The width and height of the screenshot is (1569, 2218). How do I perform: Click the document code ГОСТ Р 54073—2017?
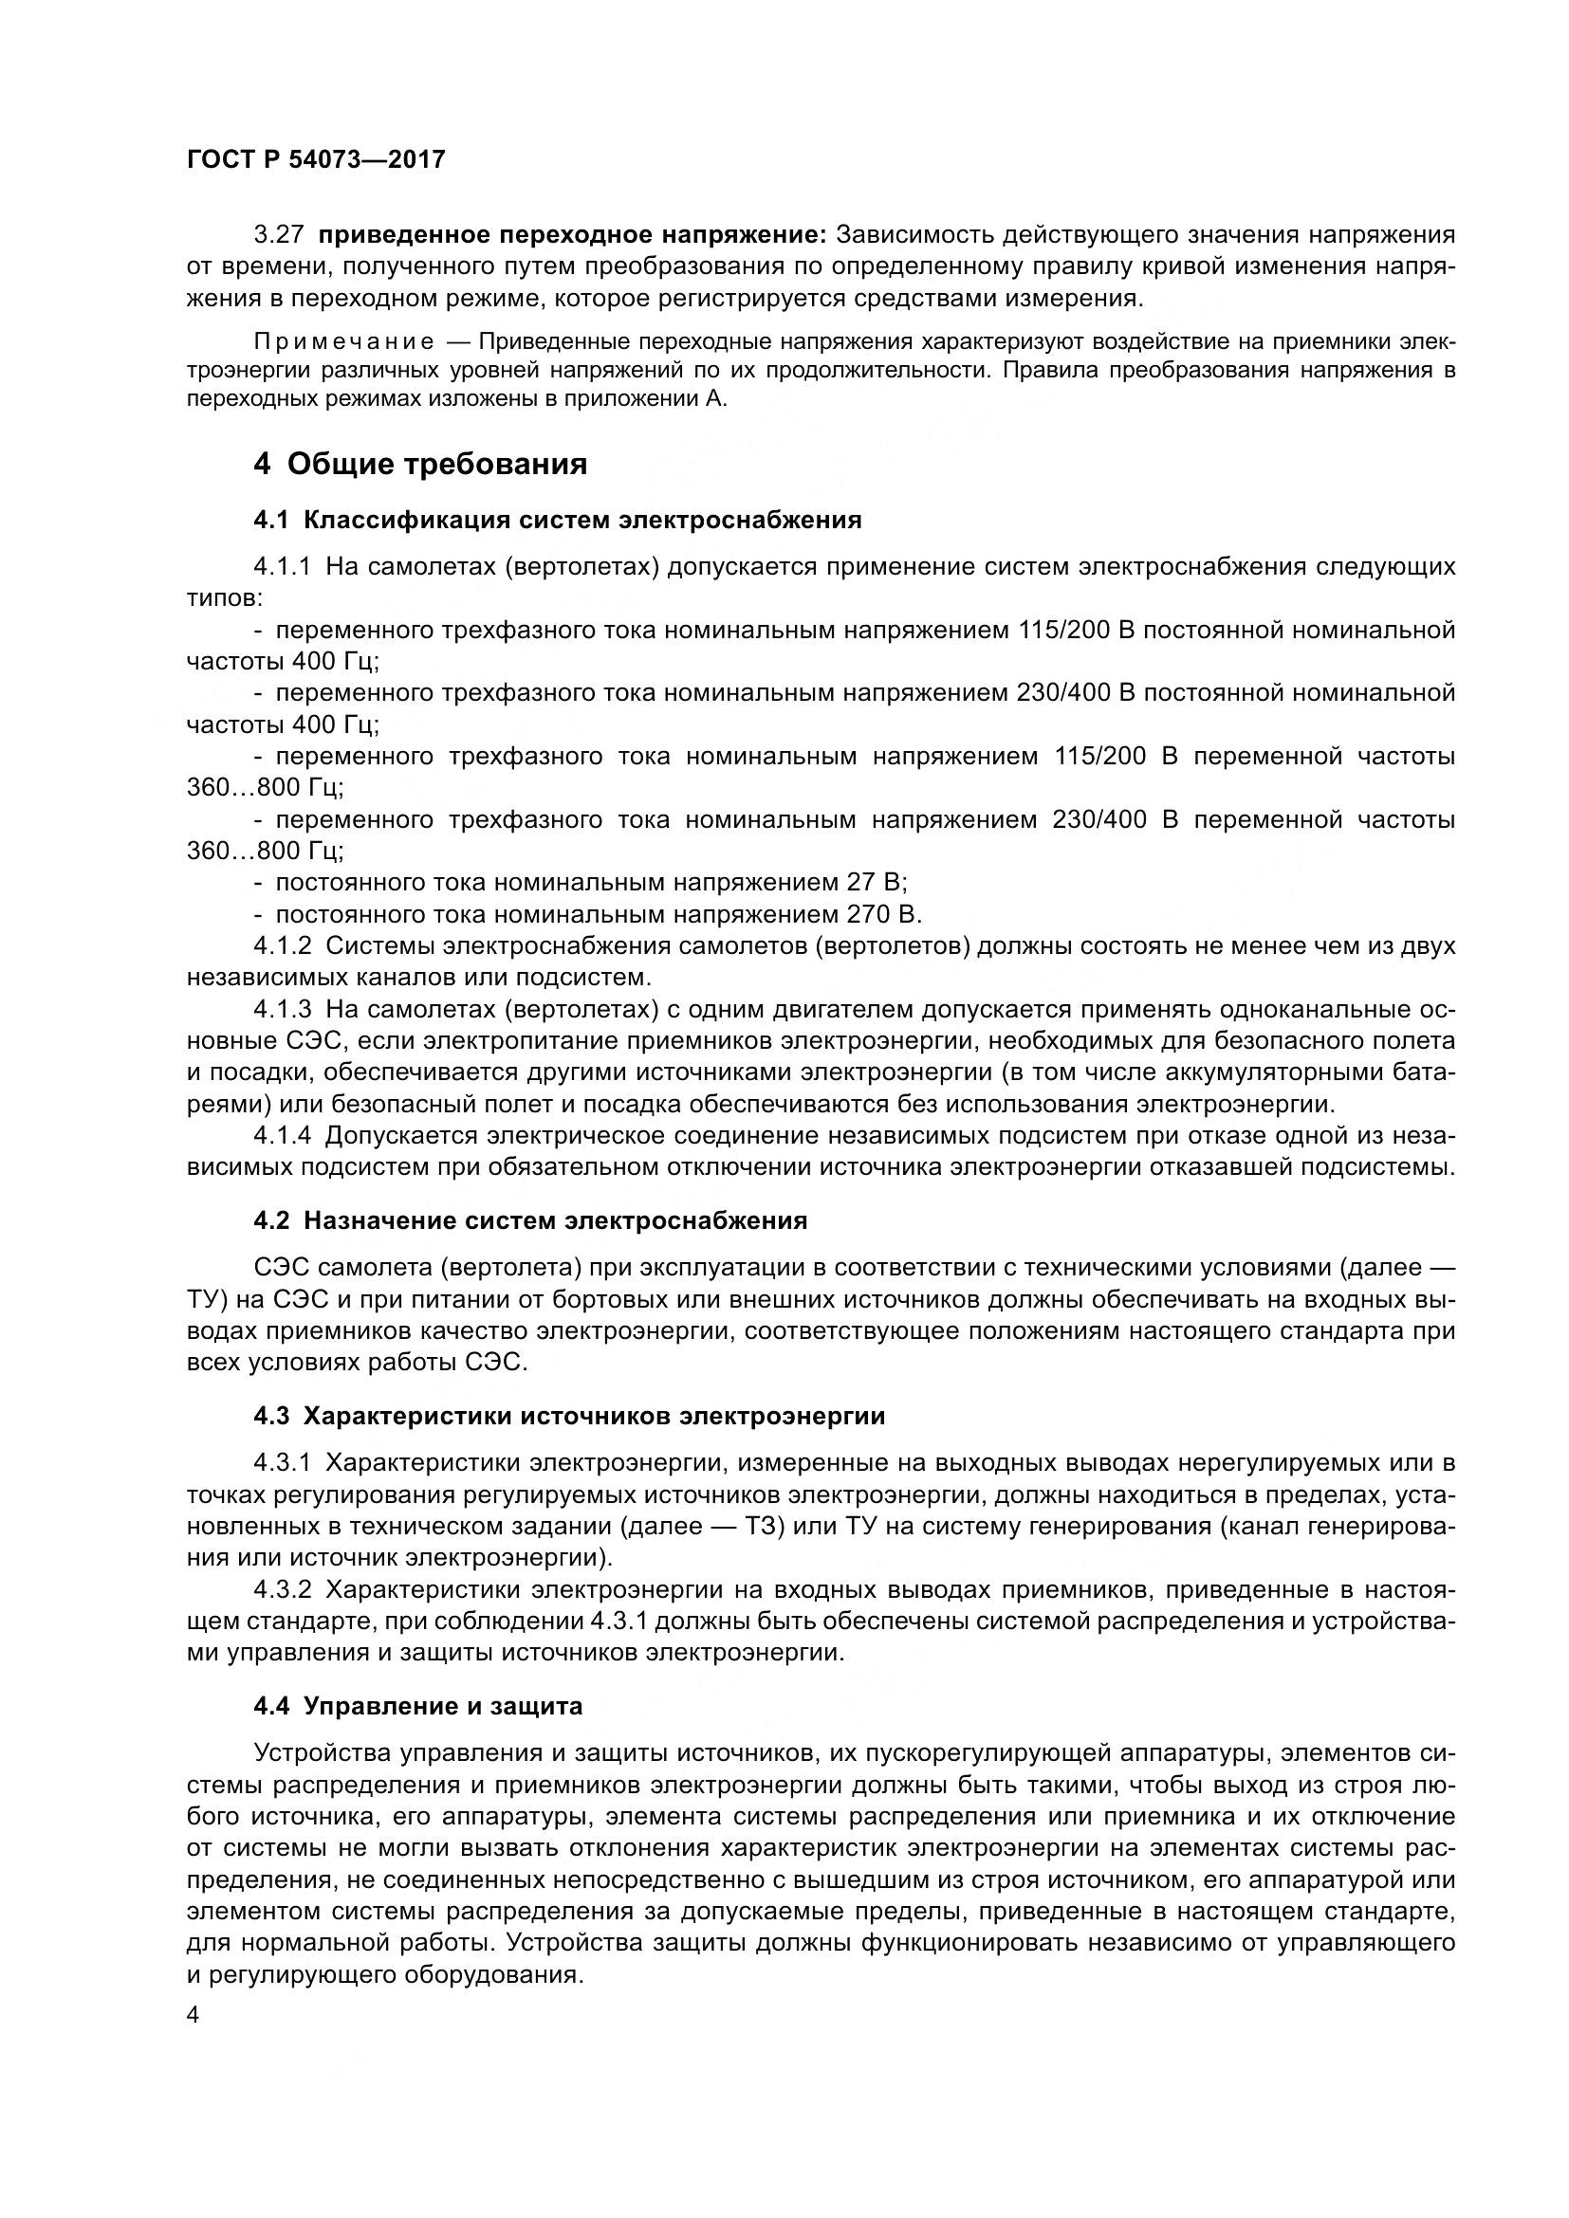click(x=316, y=159)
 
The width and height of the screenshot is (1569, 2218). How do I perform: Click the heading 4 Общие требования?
click(x=420, y=464)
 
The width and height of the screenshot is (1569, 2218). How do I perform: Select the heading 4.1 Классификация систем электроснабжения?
click(x=558, y=521)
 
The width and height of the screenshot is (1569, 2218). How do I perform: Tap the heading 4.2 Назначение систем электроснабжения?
click(x=530, y=1220)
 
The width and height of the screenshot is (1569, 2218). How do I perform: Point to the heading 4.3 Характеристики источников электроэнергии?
click(x=569, y=1416)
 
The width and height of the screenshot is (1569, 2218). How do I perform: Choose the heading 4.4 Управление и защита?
click(x=417, y=1706)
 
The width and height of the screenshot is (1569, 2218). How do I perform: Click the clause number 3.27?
click(x=279, y=235)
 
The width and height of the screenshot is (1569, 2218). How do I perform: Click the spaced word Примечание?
click(x=343, y=342)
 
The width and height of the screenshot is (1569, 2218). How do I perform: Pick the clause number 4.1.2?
click(x=282, y=945)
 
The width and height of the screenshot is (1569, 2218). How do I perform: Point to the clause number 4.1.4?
click(x=282, y=1135)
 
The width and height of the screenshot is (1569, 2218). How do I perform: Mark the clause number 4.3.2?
click(x=282, y=1589)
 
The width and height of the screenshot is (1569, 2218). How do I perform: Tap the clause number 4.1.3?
click(x=282, y=1010)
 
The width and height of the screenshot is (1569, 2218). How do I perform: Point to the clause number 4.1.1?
click(x=282, y=566)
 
